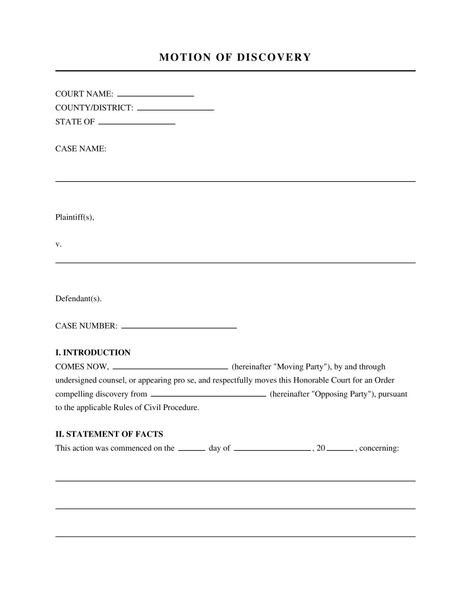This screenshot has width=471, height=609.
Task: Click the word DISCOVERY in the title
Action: click(x=274, y=57)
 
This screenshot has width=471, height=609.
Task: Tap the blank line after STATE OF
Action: click(x=137, y=122)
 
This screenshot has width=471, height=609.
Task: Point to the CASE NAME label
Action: click(x=81, y=149)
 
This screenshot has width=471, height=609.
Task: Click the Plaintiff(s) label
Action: click(x=75, y=217)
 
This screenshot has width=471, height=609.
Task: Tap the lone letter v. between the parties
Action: click(x=58, y=244)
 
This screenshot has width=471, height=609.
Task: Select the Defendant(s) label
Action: click(x=78, y=298)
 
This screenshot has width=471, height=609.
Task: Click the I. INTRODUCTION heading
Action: click(x=93, y=352)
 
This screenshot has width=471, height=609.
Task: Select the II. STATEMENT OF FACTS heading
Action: click(x=109, y=435)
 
